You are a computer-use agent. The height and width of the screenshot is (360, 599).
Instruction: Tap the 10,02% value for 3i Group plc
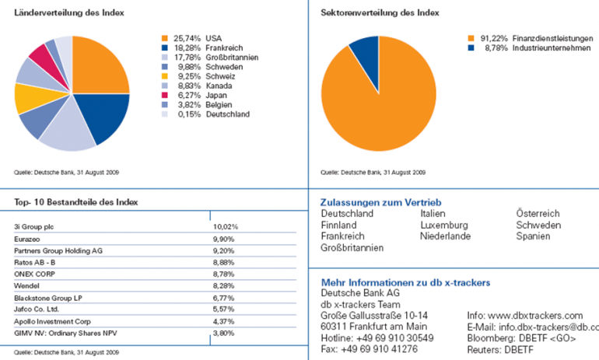(226, 226)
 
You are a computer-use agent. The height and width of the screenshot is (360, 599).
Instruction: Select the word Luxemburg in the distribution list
(444, 225)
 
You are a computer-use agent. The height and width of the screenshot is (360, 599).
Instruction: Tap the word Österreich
(538, 213)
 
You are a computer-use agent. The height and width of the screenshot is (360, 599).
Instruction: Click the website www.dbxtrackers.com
(536, 316)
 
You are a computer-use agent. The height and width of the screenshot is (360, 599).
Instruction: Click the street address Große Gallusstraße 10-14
(374, 316)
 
